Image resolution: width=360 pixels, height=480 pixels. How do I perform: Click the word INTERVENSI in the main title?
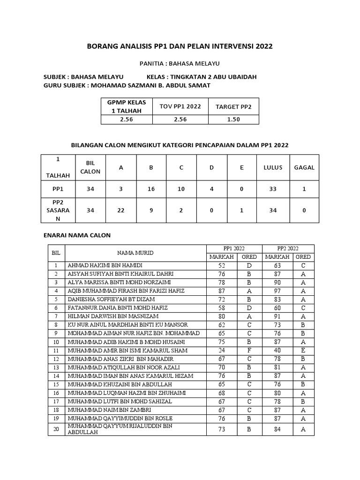[x=230, y=46]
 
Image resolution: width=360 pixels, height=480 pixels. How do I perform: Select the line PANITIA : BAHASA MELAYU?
[x=180, y=63]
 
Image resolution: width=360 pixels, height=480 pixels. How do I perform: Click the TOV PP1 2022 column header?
[x=180, y=106]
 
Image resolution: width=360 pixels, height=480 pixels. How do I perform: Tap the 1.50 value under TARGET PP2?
[x=233, y=120]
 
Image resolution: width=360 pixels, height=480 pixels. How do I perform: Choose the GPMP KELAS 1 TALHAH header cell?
[x=127, y=106]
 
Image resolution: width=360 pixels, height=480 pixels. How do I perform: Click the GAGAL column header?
[x=304, y=167]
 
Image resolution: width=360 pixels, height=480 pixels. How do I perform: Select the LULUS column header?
[x=273, y=167]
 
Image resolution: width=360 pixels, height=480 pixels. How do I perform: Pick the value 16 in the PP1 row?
[x=151, y=189]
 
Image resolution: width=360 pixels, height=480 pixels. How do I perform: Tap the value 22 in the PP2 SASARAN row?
[x=121, y=210]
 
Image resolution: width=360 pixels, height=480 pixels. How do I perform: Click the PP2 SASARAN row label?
[x=58, y=210]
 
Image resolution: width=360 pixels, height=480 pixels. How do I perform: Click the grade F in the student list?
[x=249, y=350]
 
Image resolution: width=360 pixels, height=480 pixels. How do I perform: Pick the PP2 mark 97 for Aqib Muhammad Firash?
[x=277, y=291]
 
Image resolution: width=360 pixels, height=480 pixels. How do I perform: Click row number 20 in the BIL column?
[x=56, y=429]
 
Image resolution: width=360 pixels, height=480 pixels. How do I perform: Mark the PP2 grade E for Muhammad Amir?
[x=303, y=350]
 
